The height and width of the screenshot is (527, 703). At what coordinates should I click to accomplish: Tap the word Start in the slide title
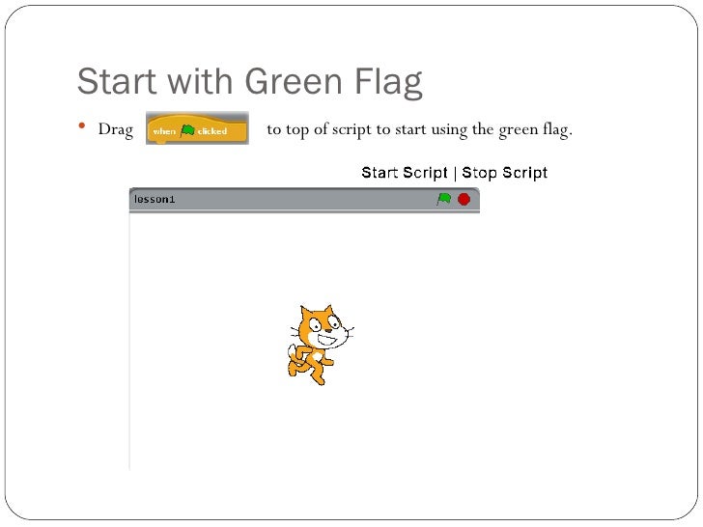point(118,83)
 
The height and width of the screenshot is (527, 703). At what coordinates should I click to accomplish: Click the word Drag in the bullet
point(115,130)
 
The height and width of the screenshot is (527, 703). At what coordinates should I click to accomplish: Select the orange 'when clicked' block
point(196,130)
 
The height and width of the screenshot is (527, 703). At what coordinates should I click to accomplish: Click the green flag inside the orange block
point(186,130)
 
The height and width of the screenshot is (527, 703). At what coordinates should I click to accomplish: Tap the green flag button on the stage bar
point(443,200)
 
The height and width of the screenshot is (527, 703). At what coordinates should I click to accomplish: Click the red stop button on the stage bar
point(464,200)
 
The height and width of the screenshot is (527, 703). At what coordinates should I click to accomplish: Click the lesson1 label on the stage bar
point(155,200)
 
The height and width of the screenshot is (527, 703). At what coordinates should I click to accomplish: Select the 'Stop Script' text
point(505,174)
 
